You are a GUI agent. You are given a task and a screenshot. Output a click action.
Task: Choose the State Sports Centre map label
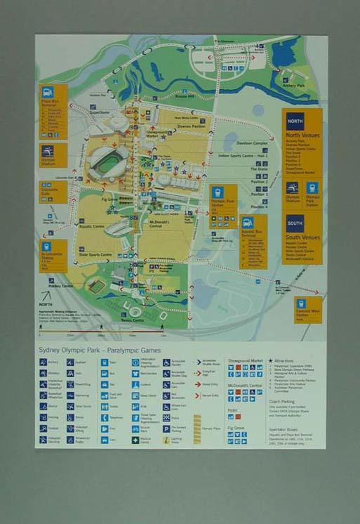point(96,254)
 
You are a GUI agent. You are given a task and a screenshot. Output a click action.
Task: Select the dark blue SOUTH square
point(295,223)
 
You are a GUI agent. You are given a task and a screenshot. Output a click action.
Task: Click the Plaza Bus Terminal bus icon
point(48,92)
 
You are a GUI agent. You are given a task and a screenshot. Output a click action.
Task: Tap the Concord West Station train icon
point(301,303)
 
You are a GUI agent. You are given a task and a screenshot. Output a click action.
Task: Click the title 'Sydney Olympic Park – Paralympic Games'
point(100,350)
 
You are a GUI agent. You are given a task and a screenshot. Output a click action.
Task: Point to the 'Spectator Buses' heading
point(284,428)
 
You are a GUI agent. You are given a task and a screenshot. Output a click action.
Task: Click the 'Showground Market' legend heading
point(245,360)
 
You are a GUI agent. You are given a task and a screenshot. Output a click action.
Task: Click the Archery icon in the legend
point(44,363)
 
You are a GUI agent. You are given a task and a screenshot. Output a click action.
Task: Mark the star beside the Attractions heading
point(271,360)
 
